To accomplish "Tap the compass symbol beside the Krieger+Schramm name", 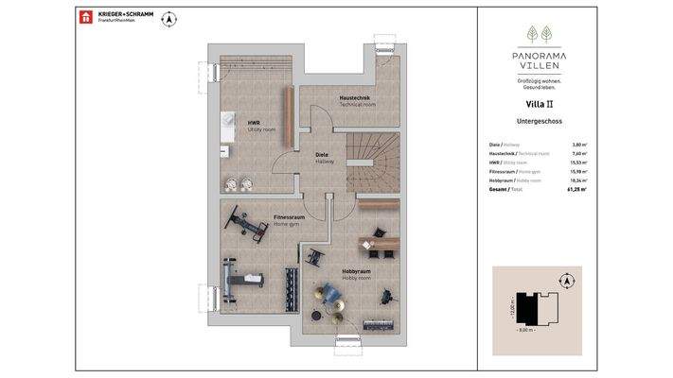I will point(169,18).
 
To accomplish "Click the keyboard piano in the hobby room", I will point(380,324).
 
